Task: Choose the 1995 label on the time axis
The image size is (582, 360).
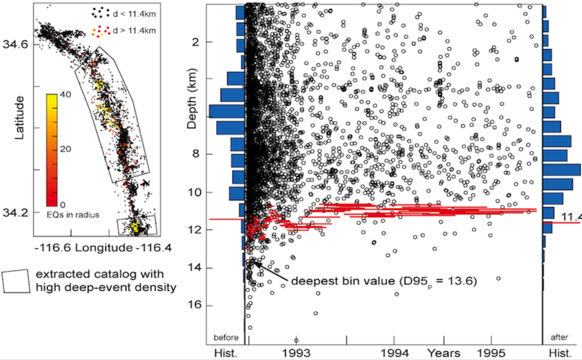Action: pyautogui.click(x=492, y=352)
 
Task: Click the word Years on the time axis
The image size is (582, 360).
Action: pyautogui.click(x=444, y=352)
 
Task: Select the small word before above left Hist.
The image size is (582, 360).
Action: pyautogui.click(x=226, y=338)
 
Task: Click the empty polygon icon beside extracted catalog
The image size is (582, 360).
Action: pyautogui.click(x=16, y=281)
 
